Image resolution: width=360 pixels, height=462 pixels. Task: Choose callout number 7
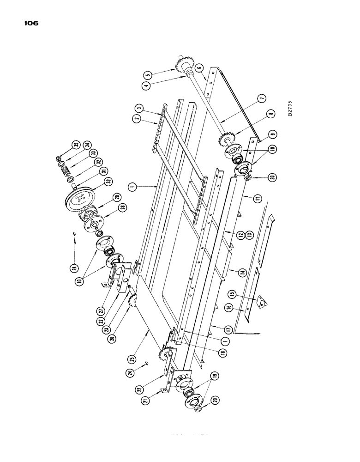[261, 98]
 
